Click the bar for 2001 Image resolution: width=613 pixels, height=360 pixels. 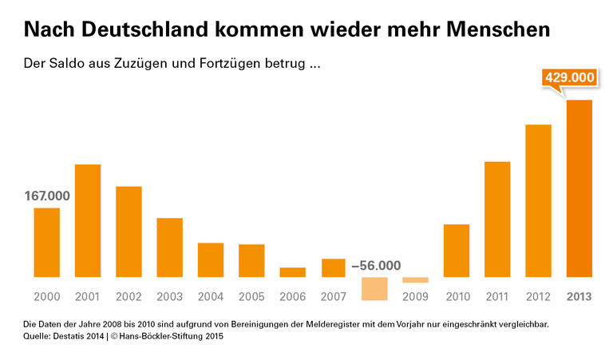(x=88, y=220)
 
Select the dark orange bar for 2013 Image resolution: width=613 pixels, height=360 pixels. (x=579, y=188)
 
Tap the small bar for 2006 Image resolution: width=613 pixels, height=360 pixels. (x=292, y=272)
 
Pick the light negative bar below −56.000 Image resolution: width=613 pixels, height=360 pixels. (x=374, y=288)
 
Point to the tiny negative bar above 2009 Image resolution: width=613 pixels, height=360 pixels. (x=415, y=280)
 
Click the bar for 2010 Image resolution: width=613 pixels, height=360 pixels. (x=456, y=251)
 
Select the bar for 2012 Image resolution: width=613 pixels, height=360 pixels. (x=538, y=200)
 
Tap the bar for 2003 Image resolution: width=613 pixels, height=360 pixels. (x=169, y=247)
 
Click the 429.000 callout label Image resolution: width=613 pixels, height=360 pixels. (x=570, y=78)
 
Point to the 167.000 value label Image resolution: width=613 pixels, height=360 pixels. (x=47, y=196)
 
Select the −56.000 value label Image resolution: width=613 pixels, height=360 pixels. (x=376, y=266)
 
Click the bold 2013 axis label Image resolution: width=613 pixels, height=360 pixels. (x=579, y=297)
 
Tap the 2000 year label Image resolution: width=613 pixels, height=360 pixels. (x=47, y=297)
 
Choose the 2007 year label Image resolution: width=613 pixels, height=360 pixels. (x=333, y=297)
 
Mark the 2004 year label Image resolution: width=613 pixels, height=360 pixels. (x=210, y=297)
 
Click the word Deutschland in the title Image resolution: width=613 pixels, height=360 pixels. (x=144, y=30)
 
